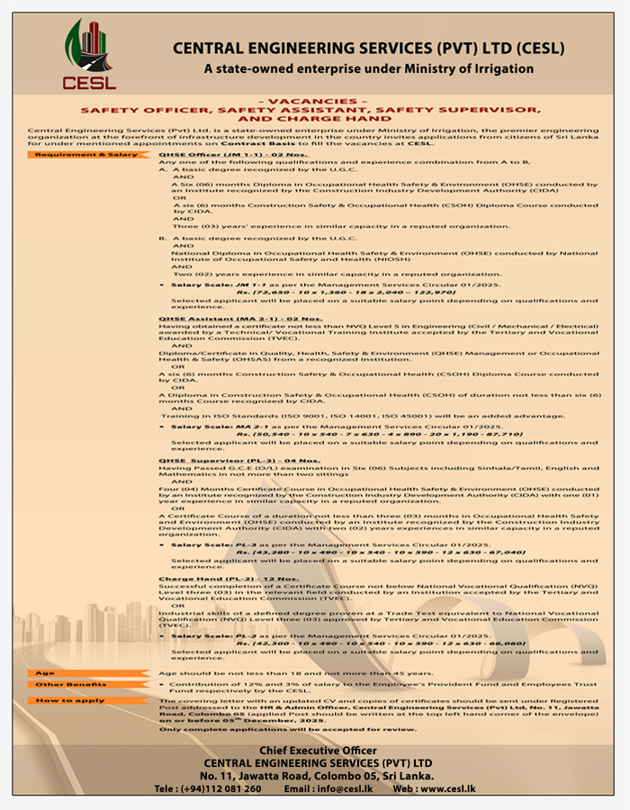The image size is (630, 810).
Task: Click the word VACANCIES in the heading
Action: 311,101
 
